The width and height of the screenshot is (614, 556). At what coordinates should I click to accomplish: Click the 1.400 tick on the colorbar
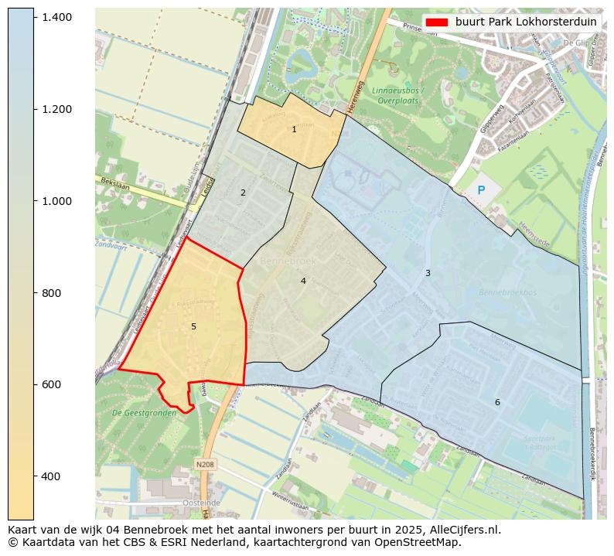pyautogui.click(x=57, y=17)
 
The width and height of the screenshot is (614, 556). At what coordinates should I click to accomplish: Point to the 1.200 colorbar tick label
pyautogui.click(x=57, y=109)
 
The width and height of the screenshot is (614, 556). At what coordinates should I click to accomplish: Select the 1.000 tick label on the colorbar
pyautogui.click(x=57, y=201)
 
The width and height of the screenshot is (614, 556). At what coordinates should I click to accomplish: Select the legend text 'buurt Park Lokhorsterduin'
pyautogui.click(x=526, y=22)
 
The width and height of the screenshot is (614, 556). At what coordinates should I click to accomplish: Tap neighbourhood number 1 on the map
pyautogui.click(x=294, y=130)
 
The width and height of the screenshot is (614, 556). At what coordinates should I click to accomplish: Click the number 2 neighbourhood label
pyautogui.click(x=243, y=193)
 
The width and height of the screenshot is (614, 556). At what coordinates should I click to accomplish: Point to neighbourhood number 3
pyautogui.click(x=428, y=273)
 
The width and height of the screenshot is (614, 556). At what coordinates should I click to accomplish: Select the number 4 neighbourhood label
pyautogui.click(x=303, y=281)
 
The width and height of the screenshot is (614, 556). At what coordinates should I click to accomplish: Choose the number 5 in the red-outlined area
pyautogui.click(x=193, y=327)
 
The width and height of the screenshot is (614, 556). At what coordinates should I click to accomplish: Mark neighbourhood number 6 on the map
pyautogui.click(x=497, y=402)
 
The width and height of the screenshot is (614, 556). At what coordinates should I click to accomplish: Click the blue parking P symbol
pyautogui.click(x=481, y=189)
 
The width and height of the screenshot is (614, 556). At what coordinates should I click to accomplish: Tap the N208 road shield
pyautogui.click(x=204, y=464)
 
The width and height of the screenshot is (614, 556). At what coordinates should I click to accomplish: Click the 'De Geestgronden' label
pyautogui.click(x=144, y=413)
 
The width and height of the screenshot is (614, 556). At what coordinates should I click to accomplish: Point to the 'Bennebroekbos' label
pyautogui.click(x=507, y=292)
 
